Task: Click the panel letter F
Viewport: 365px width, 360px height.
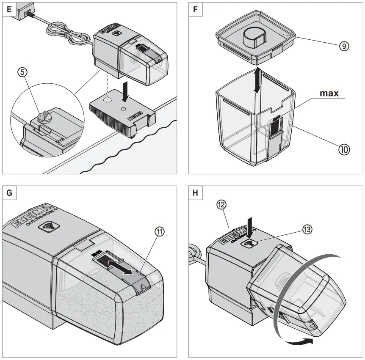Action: (195, 9)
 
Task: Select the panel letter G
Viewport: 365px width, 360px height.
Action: (9, 193)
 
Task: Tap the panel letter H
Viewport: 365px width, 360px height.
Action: (195, 193)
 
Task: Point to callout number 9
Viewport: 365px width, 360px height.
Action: (344, 47)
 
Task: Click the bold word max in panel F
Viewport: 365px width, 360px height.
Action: (329, 93)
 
